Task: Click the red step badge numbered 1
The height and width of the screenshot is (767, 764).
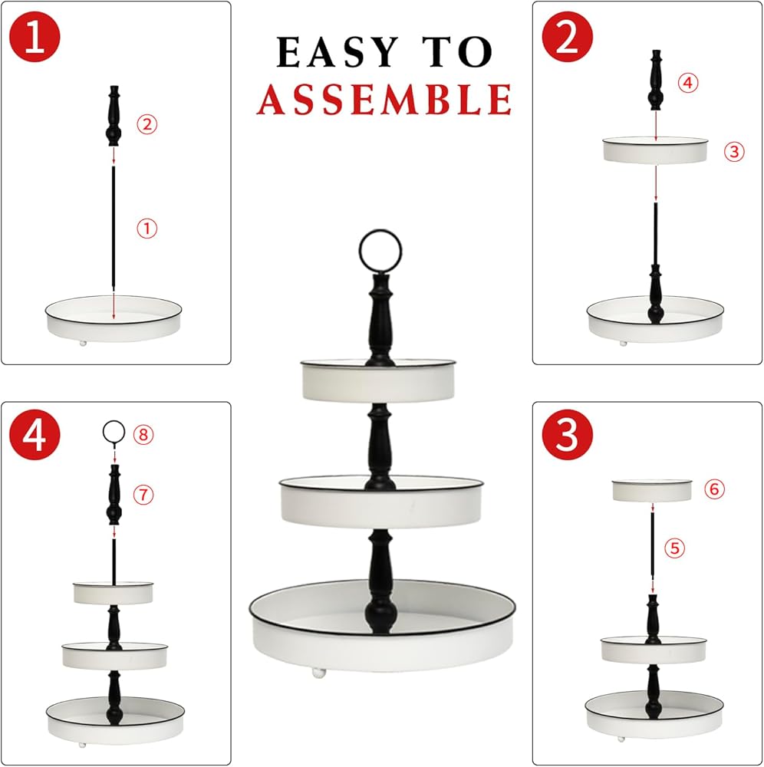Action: [35, 37]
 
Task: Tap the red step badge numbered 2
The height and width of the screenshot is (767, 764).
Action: [567, 37]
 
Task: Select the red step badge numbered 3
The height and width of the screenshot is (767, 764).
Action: [567, 434]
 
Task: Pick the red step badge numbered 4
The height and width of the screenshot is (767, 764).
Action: [35, 434]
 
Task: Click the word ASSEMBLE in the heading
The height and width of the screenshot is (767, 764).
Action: [384, 99]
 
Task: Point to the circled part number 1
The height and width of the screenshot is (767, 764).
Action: [147, 229]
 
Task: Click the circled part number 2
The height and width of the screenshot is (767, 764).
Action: [147, 123]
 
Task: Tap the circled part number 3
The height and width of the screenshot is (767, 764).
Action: [734, 152]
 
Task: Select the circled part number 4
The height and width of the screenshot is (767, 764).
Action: [688, 83]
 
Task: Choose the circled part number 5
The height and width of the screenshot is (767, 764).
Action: [674, 548]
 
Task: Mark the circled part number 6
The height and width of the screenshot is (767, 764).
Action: [714, 488]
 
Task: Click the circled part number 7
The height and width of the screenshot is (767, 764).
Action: [143, 495]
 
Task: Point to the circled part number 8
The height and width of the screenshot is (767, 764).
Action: [143, 434]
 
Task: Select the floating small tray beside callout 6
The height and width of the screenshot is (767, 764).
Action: [652, 491]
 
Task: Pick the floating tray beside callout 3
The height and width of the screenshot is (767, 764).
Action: [655, 150]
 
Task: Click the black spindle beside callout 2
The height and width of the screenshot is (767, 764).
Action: [114, 116]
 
